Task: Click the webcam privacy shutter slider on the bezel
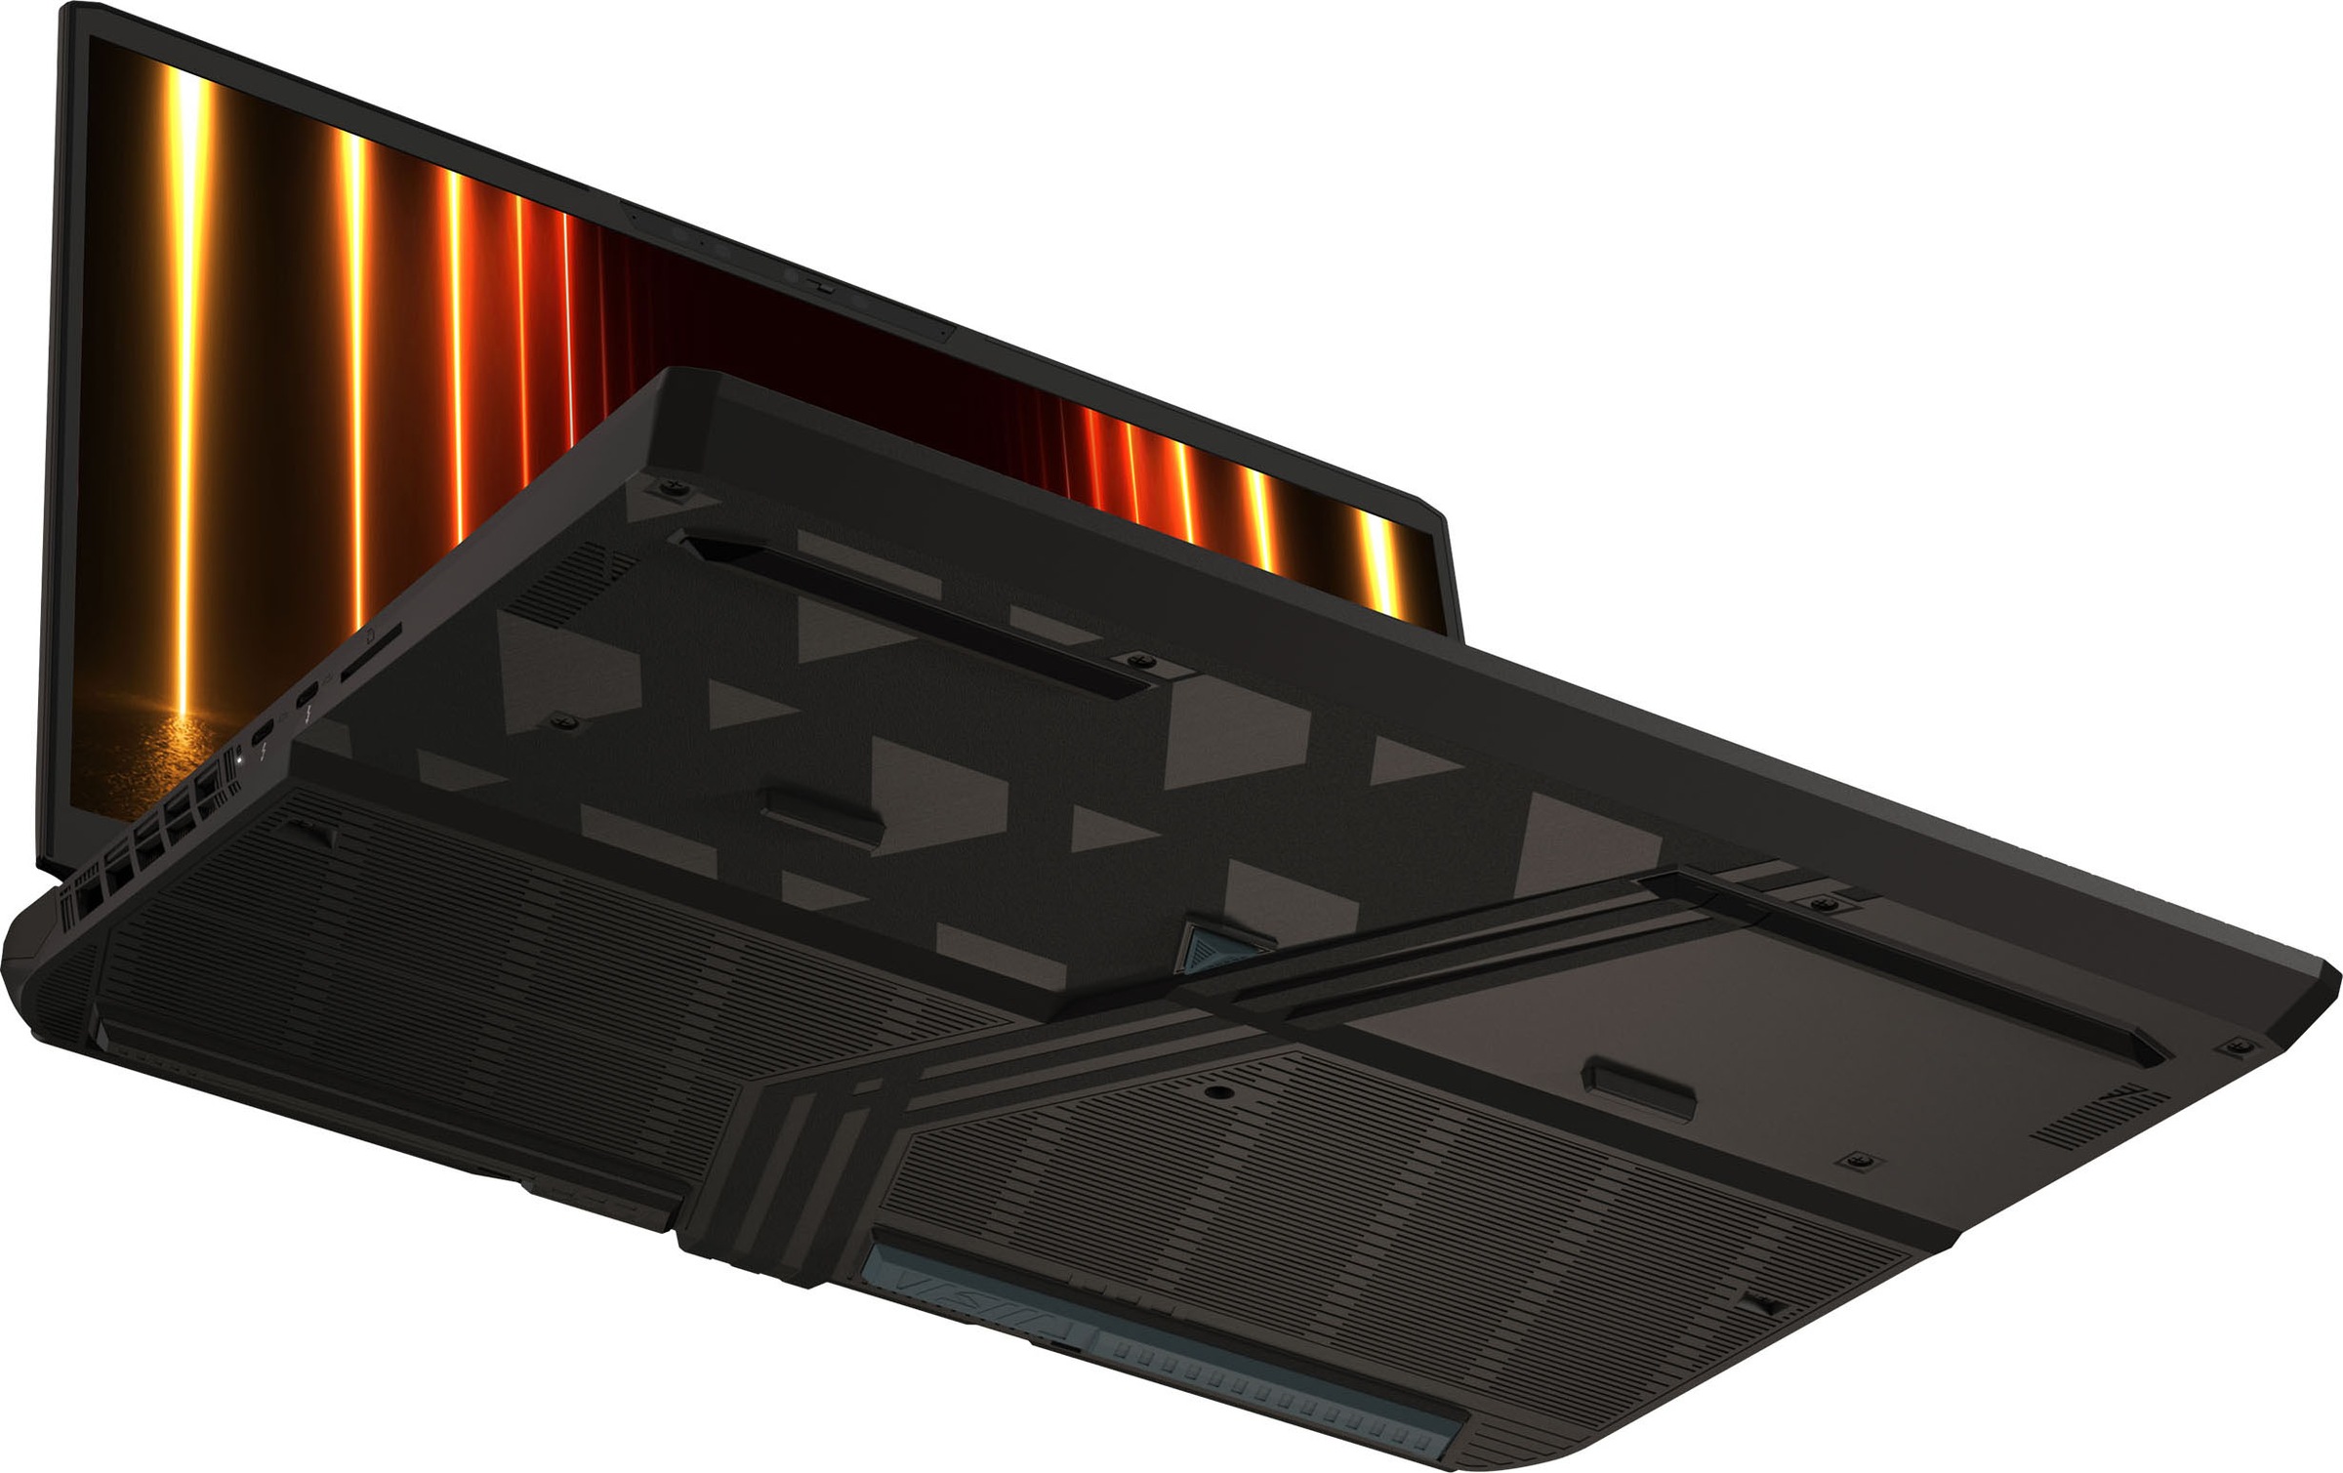(x=823, y=288)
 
